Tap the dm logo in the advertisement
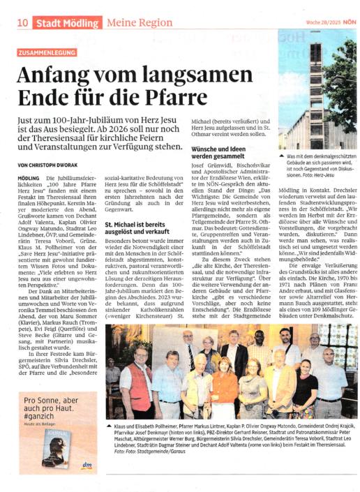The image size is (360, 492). click(87, 465)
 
